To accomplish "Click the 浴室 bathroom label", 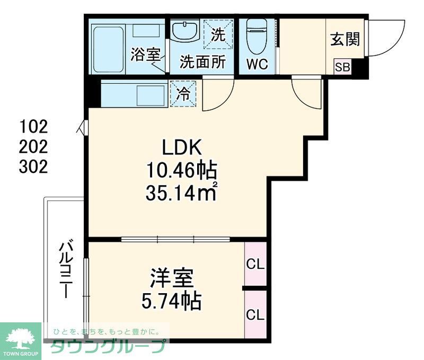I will tap(145, 54).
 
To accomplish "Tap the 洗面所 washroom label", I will tap(202, 62).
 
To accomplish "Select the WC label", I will tap(258, 64).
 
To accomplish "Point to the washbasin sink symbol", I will tap(185, 30).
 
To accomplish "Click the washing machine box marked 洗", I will tap(218, 34).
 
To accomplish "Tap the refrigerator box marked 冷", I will tap(183, 94).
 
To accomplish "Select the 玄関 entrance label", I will tap(346, 39).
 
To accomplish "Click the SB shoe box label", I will tap(342, 67).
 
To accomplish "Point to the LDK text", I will tap(182, 147).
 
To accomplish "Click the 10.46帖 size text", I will tap(181, 171).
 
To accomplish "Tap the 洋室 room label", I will tap(171, 278).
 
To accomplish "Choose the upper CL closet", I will tap(255, 264).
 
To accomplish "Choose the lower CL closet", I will tap(255, 314).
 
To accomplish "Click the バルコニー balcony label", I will tap(67, 269).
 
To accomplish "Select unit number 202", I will tap(33, 146).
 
